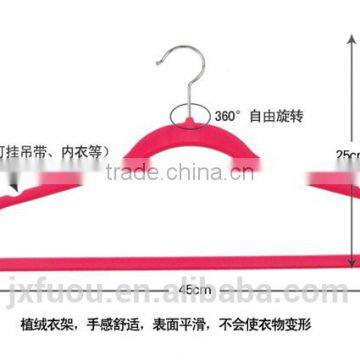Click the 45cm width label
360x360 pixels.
(184, 262)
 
